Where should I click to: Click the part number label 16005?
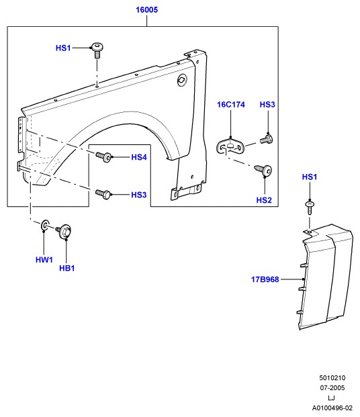(x=146, y=10)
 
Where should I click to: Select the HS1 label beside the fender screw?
(x=63, y=48)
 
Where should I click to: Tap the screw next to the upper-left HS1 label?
(x=97, y=50)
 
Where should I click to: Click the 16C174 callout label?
(x=230, y=105)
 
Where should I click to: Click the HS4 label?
(x=139, y=157)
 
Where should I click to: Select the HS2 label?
(x=264, y=199)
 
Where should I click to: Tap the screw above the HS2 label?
(x=263, y=170)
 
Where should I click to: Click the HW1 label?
(x=44, y=260)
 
